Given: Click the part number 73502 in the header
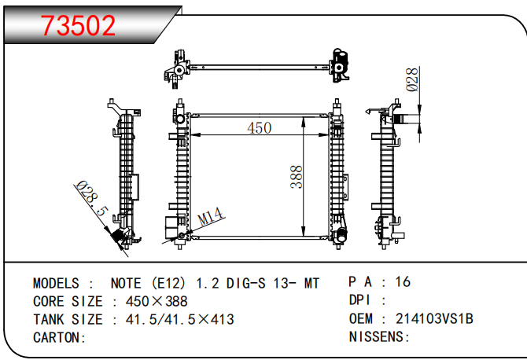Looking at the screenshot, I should (x=78, y=25).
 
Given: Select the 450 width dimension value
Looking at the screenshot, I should (x=259, y=127).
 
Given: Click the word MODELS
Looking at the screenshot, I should (x=56, y=283).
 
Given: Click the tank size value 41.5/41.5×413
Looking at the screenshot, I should (x=173, y=319).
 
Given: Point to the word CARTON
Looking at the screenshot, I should (x=58, y=337).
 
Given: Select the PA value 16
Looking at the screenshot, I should (x=403, y=281).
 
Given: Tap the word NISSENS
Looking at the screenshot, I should (x=378, y=337).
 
